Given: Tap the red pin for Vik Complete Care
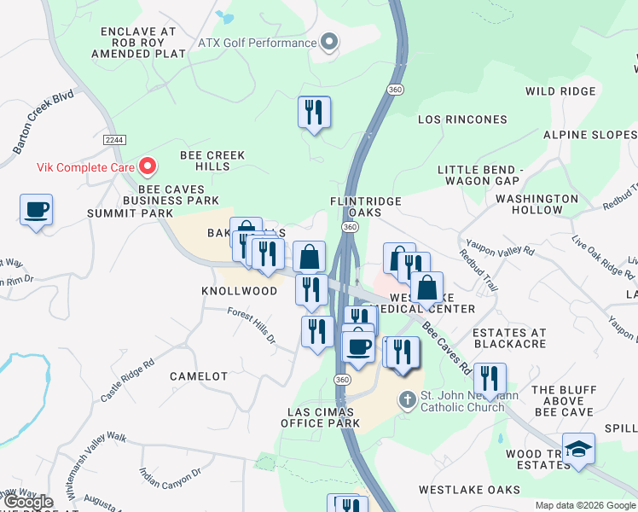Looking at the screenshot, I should point(148,166).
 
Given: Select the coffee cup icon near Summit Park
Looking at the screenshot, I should point(36,210).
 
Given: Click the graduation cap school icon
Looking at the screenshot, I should point(579,450).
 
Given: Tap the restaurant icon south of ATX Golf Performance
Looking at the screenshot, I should point(314,112).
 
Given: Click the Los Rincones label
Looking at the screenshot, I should point(461,120).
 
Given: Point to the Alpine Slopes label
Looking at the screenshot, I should point(589,136).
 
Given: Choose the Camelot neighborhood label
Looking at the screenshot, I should point(199,376).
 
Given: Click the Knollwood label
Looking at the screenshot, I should point(239,291).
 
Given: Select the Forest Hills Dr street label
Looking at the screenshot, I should point(253,326).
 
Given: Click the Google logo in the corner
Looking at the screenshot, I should point(27,502).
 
